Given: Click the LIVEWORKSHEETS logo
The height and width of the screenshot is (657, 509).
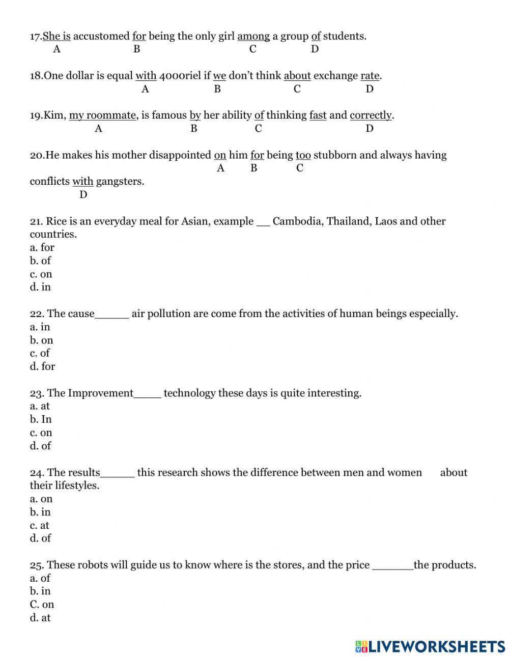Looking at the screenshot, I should [430, 646].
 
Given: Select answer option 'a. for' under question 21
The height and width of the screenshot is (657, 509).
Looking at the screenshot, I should [42, 247].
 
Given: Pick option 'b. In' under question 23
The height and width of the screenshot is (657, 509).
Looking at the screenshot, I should [41, 419].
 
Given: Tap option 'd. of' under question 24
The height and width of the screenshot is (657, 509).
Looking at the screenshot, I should [40, 538].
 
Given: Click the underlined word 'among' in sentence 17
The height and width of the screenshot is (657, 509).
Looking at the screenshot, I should [253, 36].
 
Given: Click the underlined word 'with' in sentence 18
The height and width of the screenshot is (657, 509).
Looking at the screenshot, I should [146, 76].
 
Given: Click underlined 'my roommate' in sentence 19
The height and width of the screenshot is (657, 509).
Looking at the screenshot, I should [102, 116].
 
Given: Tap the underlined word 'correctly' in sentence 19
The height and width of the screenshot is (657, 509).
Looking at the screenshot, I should [371, 116].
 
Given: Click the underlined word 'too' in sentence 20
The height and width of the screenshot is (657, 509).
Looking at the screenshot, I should [303, 155].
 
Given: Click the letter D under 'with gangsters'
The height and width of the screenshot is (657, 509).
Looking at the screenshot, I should [83, 195].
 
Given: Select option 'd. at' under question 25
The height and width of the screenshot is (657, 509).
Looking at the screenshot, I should [40, 618].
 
